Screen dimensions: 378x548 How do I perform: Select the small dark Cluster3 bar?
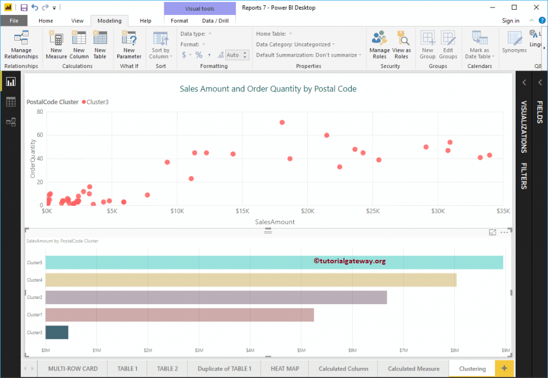click(57, 332)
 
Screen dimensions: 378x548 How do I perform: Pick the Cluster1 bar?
click(179, 314)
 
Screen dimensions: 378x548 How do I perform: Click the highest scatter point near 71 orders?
click(282, 122)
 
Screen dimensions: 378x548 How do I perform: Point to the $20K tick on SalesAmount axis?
click(307, 212)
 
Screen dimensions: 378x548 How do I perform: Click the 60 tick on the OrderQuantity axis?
click(40, 135)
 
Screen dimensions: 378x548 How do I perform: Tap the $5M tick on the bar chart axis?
click(301, 351)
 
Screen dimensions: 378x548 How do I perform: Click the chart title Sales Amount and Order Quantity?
click(268, 89)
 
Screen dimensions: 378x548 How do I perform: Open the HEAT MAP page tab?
click(285, 368)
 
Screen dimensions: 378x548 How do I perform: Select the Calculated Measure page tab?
click(413, 368)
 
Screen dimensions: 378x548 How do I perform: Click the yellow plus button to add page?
click(504, 368)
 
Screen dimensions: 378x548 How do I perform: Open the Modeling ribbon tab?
click(109, 21)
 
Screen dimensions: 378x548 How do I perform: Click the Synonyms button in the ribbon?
click(514, 42)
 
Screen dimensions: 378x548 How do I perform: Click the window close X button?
click(536, 7)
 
